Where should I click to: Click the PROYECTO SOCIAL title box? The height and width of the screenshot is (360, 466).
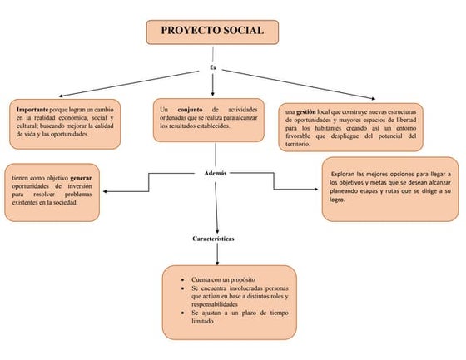click(x=212, y=32)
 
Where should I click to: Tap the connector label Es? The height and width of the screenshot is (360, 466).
click(x=213, y=67)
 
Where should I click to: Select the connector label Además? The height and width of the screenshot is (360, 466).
click(x=215, y=173)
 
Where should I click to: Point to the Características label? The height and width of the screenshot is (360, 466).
click(x=213, y=239)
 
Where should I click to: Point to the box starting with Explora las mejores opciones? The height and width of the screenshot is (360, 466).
click(x=390, y=189)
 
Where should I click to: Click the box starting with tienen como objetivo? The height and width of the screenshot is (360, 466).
click(x=55, y=190)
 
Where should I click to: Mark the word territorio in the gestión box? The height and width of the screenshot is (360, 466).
click(x=296, y=144)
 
